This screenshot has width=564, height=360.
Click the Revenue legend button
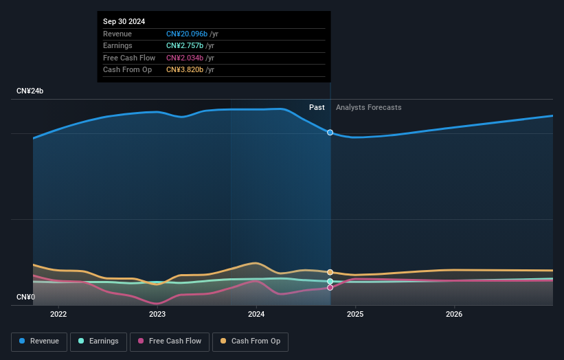pos(40,341)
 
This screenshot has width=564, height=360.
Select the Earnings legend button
pos(98,341)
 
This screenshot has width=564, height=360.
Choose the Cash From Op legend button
pos(250,341)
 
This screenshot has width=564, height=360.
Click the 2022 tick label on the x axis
pos(58,315)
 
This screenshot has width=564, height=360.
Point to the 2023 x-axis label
pos(157,315)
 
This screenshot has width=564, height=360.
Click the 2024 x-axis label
pos(256,315)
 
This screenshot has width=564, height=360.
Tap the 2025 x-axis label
pos(355,315)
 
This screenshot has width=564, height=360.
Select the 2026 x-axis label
pos(454,315)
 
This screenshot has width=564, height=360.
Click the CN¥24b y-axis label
pos(30,91)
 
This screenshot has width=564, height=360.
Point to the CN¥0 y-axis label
pos(26,297)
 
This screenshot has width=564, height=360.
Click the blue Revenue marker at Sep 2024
pos(330,133)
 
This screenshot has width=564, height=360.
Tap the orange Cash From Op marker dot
pos(330,273)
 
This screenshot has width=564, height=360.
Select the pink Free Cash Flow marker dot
pos(330,287)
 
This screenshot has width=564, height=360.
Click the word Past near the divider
pos(317,107)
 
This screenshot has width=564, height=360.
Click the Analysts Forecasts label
pos(368,107)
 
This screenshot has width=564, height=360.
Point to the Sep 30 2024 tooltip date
pos(124,22)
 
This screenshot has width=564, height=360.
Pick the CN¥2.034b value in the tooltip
pos(184,58)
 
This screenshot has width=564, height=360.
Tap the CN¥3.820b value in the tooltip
pos(184,69)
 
